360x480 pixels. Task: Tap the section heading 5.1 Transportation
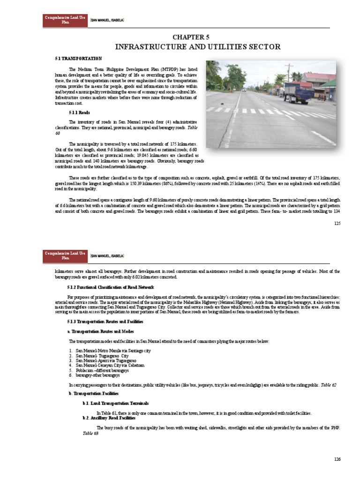[x=78, y=59]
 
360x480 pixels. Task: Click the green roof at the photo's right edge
[x=330, y=83]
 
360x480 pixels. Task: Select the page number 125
[x=337, y=223]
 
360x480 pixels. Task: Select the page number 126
[x=337, y=459]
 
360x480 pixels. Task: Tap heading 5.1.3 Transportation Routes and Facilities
[x=105, y=322]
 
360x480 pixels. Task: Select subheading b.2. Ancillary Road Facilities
[x=109, y=417]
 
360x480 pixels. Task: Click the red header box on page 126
[x=59, y=255]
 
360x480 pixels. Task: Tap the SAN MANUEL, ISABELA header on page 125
[x=107, y=21]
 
